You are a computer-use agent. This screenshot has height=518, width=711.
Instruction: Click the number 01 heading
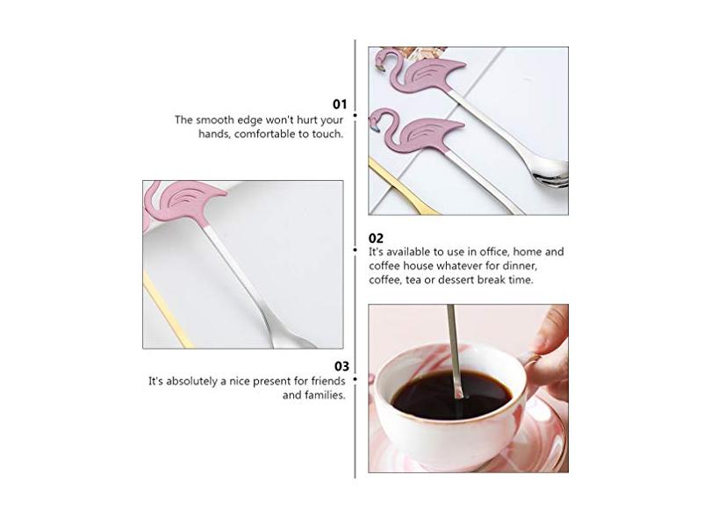(340, 104)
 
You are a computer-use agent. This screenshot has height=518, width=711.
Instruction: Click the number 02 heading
(376, 238)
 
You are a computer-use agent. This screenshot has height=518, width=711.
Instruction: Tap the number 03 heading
(342, 366)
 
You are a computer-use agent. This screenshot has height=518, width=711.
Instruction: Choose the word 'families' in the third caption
(325, 395)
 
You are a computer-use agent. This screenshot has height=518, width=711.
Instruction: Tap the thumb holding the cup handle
(549, 331)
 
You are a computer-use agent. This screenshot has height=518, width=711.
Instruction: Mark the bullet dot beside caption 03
(355, 379)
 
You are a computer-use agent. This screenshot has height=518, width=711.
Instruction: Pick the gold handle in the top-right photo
(401, 186)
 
